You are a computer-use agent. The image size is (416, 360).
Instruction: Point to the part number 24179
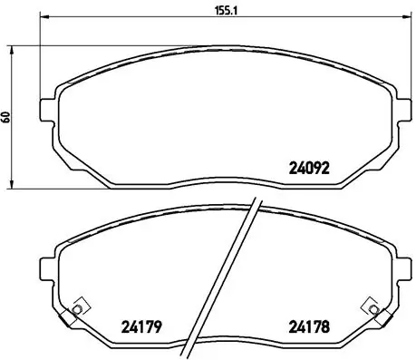point(141,329)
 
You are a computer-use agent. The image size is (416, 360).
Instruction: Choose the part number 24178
point(308,329)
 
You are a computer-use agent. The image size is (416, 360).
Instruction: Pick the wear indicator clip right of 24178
point(368,308)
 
